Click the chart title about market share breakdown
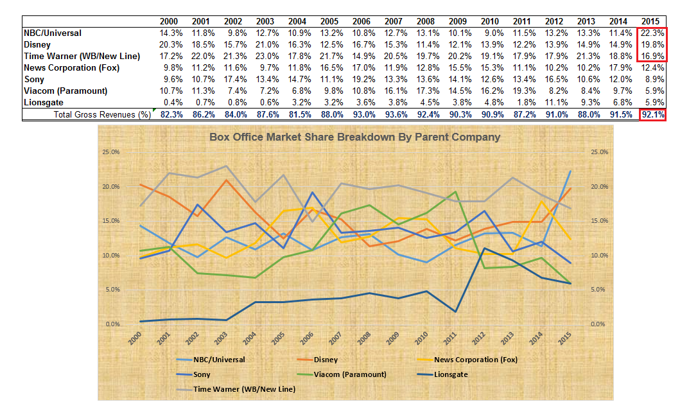pos(355,137)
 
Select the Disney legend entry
pos(326,360)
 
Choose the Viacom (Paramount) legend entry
pos(349,374)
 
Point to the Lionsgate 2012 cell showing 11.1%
pos(556,102)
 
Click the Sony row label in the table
pos(33,79)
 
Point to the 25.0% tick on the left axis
pos(112,152)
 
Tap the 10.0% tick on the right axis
pos(598,256)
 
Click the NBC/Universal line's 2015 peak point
pos(569,170)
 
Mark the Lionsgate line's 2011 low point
pos(455,311)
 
